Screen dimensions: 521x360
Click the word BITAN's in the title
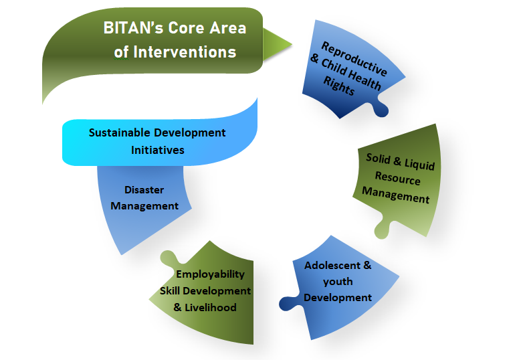tap(133, 27)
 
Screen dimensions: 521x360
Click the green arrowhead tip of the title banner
tap(292, 44)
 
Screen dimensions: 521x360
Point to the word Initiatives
tap(157, 150)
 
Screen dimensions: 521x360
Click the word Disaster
tap(144, 190)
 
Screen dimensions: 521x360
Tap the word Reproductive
tap(354, 58)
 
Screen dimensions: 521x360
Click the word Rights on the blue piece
tap(339, 86)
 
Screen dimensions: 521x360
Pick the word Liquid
tap(419, 163)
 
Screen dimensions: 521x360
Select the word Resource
tap(397, 178)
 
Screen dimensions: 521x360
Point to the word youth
tap(338, 282)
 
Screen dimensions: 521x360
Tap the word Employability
tap(210, 274)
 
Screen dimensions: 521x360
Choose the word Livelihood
tap(210, 308)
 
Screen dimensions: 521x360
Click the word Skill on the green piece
tap(170, 291)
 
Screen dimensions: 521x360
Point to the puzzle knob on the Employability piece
tap(169, 258)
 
